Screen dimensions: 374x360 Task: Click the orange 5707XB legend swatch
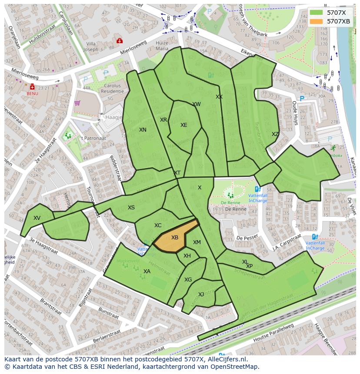click(x=317, y=21)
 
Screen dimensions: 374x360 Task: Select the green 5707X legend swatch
click(x=317, y=13)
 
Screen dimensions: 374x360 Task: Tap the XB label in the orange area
click(x=175, y=238)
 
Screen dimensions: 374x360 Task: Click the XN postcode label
click(x=143, y=130)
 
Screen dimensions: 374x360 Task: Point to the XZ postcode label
click(x=275, y=134)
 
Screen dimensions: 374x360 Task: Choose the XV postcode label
click(x=37, y=218)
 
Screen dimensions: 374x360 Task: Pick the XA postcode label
click(x=147, y=271)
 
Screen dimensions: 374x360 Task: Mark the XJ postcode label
click(x=201, y=295)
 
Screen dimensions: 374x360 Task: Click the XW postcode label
click(x=197, y=104)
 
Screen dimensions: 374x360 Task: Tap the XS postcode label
click(x=131, y=208)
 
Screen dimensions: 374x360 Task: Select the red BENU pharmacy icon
click(x=32, y=87)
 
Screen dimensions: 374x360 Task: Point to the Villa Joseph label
click(x=91, y=46)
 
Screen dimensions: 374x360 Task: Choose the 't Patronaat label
click(x=93, y=138)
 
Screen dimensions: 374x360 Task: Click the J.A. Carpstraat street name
click(x=287, y=243)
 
